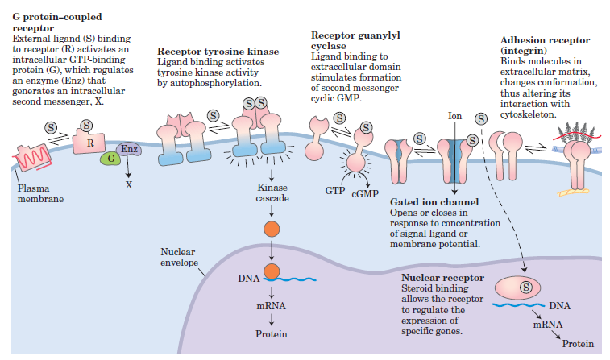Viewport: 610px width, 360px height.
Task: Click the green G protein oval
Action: tap(111, 158)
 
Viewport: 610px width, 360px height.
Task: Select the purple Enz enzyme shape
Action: tap(129, 149)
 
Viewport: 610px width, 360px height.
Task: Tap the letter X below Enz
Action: tap(129, 185)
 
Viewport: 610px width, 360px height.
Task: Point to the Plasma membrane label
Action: tap(40, 193)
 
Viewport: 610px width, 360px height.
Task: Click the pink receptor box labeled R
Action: tap(89, 142)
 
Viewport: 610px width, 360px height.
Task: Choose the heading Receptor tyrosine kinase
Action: tap(218, 52)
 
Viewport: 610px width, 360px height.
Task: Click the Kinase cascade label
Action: tap(272, 192)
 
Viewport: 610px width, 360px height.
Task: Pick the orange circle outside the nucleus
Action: tap(272, 229)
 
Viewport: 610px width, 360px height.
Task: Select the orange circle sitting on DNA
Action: tap(272, 271)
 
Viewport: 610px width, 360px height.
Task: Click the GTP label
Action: tap(335, 191)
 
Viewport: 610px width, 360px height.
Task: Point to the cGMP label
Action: tap(365, 193)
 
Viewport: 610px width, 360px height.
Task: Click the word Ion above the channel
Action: tap(454, 116)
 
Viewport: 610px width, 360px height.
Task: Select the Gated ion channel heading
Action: tap(434, 202)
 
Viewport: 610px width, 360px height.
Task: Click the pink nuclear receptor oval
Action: tap(517, 288)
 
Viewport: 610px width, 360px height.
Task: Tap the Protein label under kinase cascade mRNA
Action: tap(271, 334)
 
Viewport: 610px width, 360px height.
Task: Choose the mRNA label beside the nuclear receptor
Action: tap(548, 325)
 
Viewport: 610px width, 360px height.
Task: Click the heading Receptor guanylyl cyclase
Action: tap(355, 40)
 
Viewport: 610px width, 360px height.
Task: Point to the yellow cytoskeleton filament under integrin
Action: tap(573, 192)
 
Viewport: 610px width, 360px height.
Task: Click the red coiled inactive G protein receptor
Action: tap(33, 158)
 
